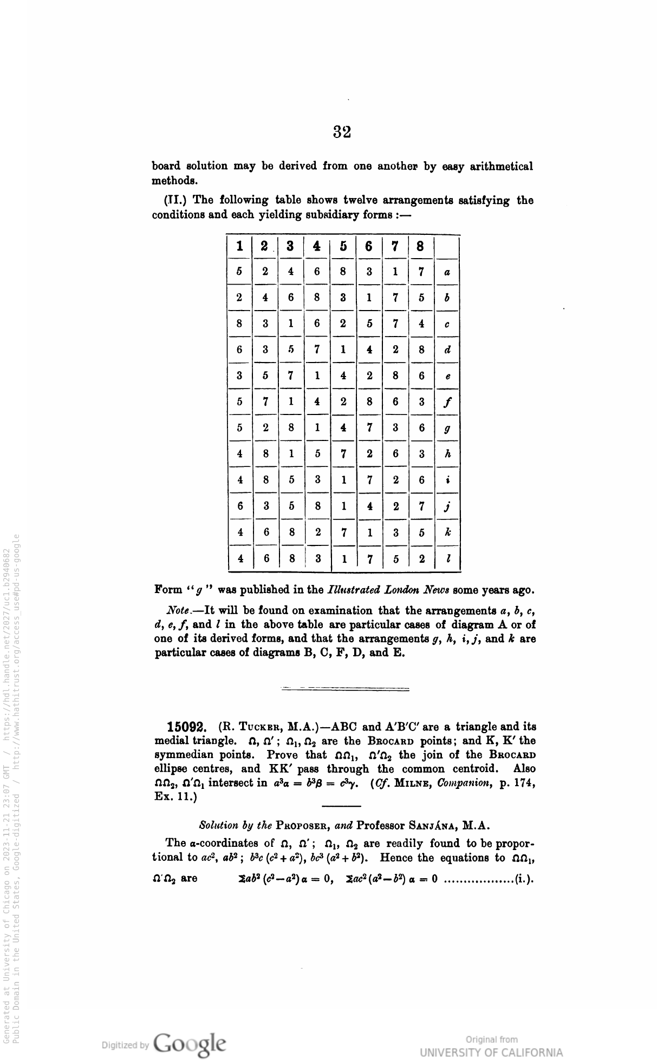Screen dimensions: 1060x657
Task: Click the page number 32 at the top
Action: click(x=342, y=131)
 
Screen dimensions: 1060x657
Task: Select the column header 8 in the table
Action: click(x=420, y=247)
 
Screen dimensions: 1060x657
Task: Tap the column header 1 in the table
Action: click(x=239, y=247)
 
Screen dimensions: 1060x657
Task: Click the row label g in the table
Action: click(x=447, y=429)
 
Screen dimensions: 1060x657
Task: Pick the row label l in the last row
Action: click(x=447, y=558)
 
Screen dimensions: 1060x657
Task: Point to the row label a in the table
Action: click(x=447, y=273)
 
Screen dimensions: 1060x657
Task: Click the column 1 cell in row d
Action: click(x=239, y=350)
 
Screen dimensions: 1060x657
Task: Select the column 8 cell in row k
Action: click(x=421, y=532)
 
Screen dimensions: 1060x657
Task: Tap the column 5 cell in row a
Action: click(x=343, y=272)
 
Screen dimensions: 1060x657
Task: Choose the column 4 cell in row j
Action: click(x=317, y=506)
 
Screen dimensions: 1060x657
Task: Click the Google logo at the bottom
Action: click(x=190, y=1043)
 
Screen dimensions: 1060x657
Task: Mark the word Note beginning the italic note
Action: click(x=177, y=611)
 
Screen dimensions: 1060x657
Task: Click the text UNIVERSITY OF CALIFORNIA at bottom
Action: click(x=491, y=1052)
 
